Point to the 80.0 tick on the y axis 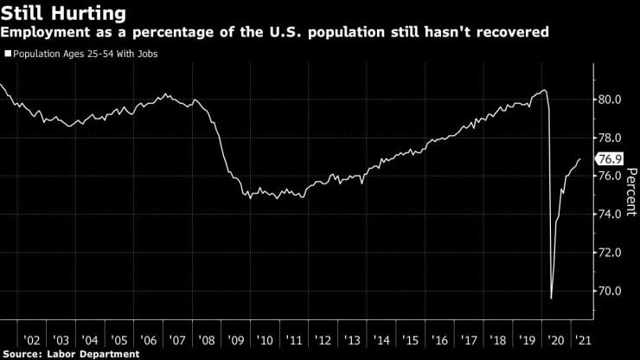611,100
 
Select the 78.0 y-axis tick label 611,138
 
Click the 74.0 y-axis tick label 611,215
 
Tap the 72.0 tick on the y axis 611,253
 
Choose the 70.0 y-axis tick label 611,291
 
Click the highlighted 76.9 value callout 610,159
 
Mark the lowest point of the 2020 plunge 552,298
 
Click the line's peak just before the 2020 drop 543,90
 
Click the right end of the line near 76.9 579,159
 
